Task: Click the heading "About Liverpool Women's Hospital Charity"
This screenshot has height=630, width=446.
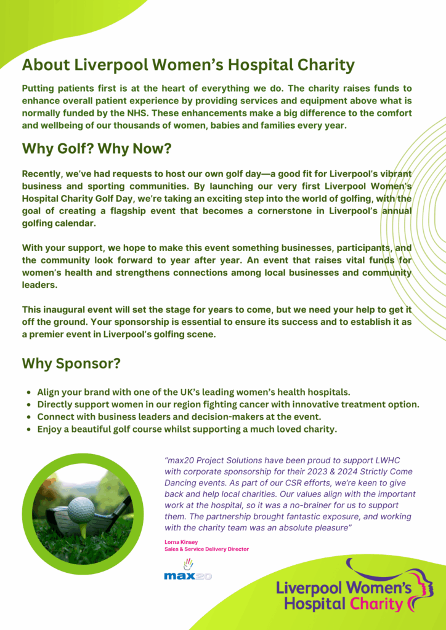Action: click(188, 65)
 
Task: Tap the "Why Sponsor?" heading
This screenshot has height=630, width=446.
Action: click(71, 364)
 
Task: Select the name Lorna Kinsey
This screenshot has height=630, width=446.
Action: click(181, 542)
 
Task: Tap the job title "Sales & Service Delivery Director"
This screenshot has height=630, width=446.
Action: click(206, 549)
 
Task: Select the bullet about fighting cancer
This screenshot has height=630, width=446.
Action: click(228, 404)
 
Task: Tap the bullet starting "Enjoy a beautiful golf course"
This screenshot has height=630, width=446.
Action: click(187, 429)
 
